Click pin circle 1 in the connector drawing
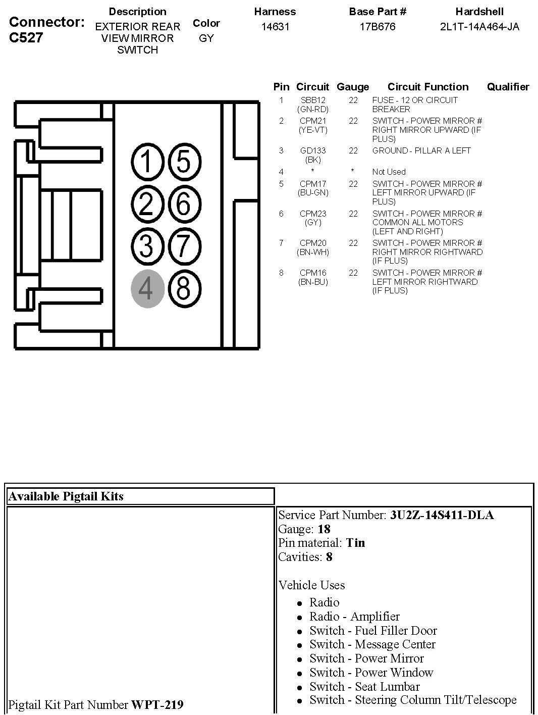point(147,162)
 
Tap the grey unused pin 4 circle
point(147,289)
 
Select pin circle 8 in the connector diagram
point(183,289)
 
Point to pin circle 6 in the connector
point(183,205)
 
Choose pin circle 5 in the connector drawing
point(183,162)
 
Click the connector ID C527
point(26,38)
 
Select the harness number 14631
point(275,27)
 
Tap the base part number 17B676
point(378,27)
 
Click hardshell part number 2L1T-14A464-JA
point(479,27)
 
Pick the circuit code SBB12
point(313,100)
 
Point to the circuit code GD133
point(313,150)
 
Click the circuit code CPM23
point(313,214)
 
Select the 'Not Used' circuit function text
point(389,172)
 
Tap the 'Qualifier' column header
point(508,87)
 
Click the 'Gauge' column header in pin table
point(353,87)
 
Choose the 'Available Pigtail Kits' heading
point(66,496)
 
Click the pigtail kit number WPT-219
point(157,704)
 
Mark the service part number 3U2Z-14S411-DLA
point(442,515)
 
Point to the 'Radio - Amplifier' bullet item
point(354,617)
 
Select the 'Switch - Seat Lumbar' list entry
point(364,687)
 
